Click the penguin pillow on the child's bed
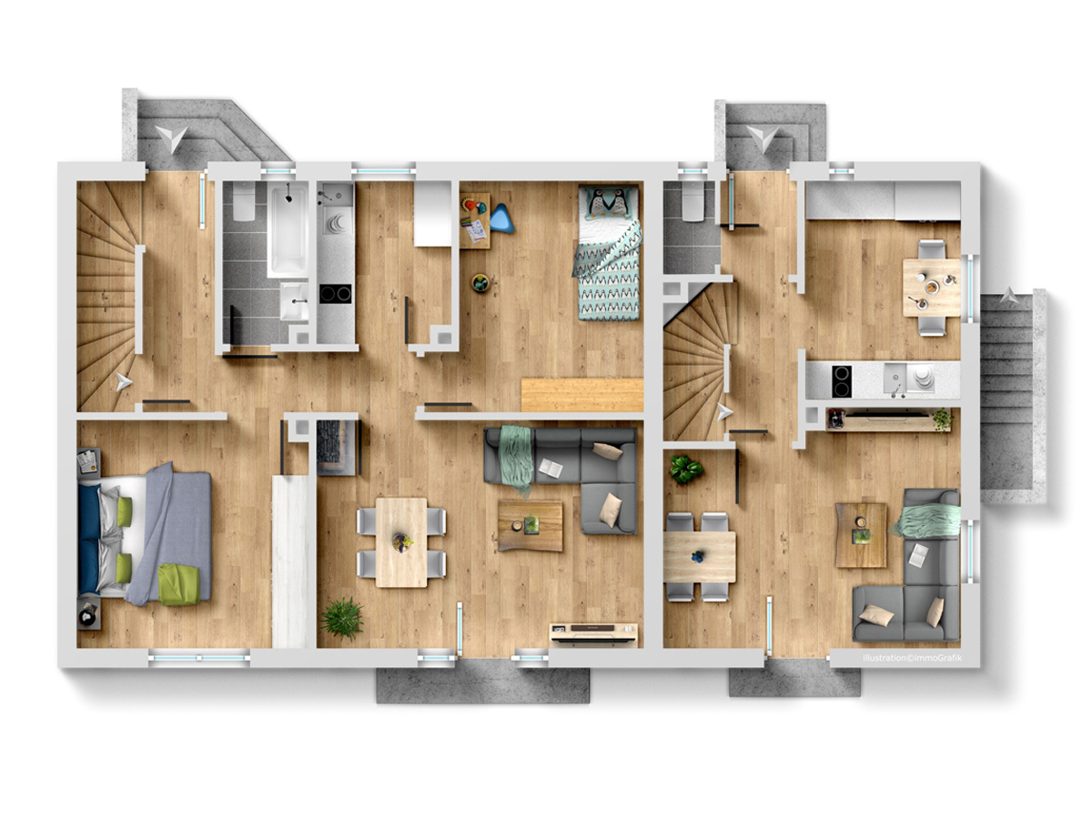coord(608,203)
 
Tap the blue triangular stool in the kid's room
coord(500,218)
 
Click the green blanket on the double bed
coord(178,584)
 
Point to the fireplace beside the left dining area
coord(337,447)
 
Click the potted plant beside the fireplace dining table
coord(342,618)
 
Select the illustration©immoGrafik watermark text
coord(912,658)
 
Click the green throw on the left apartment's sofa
coord(515,459)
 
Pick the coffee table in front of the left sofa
coord(531,526)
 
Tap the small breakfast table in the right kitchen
coord(931,288)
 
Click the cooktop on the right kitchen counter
coord(841,381)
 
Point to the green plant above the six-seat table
coord(685,469)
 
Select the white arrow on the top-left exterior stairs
coord(172,137)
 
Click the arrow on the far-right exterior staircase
coord(1009,296)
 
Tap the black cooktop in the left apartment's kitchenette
coord(335,293)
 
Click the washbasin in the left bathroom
coord(294,301)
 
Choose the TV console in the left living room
coord(593,633)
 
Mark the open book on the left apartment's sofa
coord(551,468)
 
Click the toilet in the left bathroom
coord(244,201)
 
